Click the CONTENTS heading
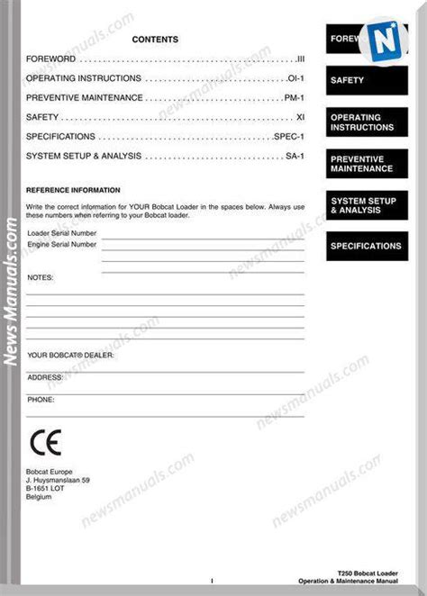[x=155, y=40]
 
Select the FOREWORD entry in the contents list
[x=50, y=59]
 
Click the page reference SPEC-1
[x=289, y=137]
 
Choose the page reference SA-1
[x=295, y=156]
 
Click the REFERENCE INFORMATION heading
[x=73, y=190]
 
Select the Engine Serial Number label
[x=62, y=243]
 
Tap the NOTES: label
[x=41, y=277]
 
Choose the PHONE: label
[x=41, y=398]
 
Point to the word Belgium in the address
[x=40, y=496]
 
